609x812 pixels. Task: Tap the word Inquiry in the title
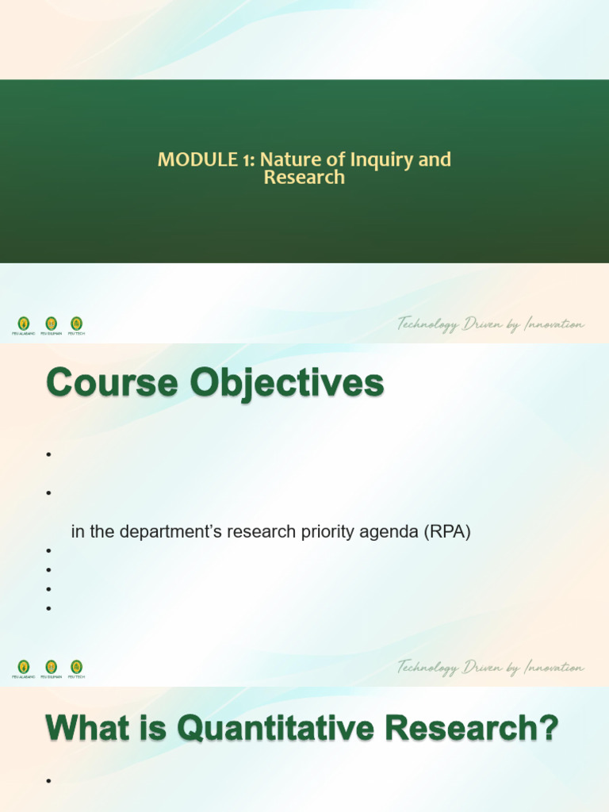click(x=381, y=159)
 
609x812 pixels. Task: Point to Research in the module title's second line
click(x=304, y=177)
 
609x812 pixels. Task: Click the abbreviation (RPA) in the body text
click(x=447, y=532)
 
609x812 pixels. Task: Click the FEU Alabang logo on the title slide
click(x=24, y=324)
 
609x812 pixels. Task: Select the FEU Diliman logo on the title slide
click(x=51, y=324)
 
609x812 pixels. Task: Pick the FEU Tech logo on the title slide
click(x=76, y=324)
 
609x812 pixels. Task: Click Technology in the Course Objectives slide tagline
click(x=429, y=668)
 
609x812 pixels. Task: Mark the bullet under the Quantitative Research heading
click(x=48, y=782)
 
